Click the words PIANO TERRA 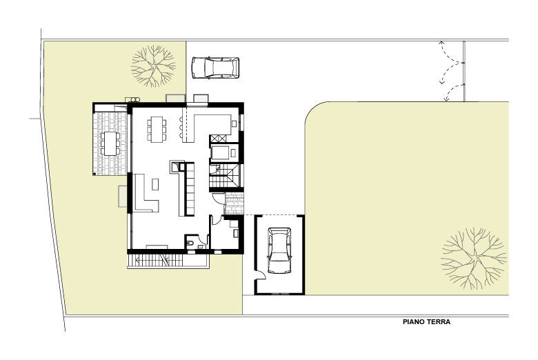click(426, 322)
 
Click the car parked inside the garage click(279, 250)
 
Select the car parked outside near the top click(215, 68)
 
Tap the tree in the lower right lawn click(473, 259)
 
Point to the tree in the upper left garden click(153, 66)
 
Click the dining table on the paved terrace click(110, 143)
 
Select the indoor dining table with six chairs click(157, 129)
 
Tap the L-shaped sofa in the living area click(145, 194)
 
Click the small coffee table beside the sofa click(155, 184)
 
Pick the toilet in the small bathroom click(190, 243)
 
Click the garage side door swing click(261, 274)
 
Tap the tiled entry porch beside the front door click(234, 203)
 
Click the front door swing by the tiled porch click(217, 199)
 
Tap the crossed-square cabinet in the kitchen click(218, 139)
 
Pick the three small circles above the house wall click(133, 99)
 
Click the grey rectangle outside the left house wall click(123, 196)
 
